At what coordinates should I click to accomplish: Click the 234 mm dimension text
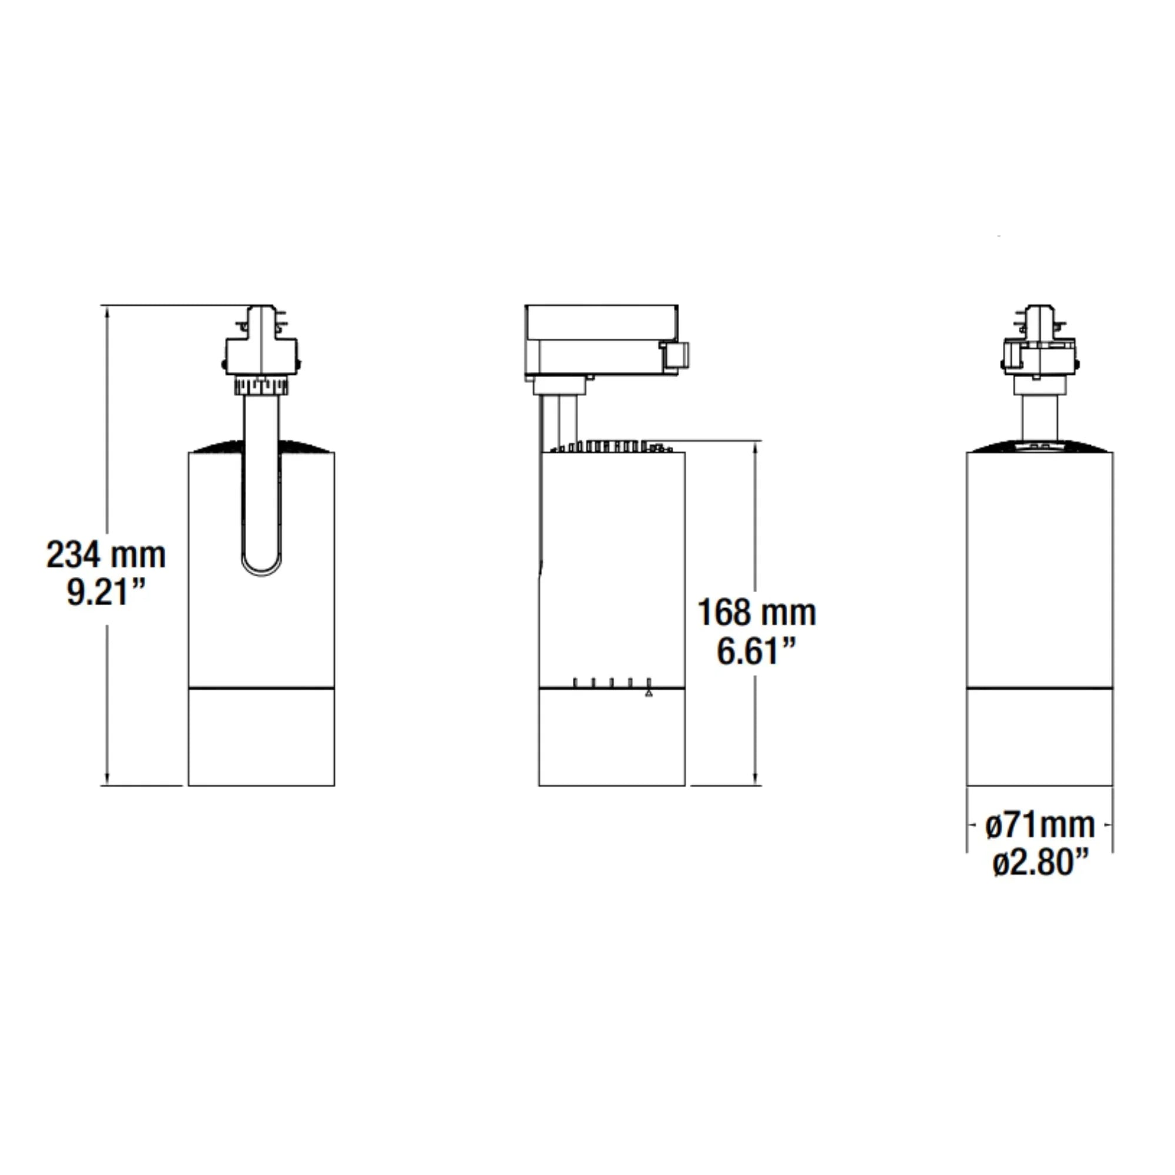coord(106,555)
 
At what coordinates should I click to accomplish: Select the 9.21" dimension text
coord(106,592)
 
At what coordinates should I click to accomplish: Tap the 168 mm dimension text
coord(757,612)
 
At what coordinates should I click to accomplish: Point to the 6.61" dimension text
coord(757,651)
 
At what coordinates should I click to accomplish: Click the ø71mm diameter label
coord(1040,825)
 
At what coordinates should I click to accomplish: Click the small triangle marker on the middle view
coord(649,693)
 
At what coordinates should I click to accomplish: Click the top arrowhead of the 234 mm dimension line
coord(108,312)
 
